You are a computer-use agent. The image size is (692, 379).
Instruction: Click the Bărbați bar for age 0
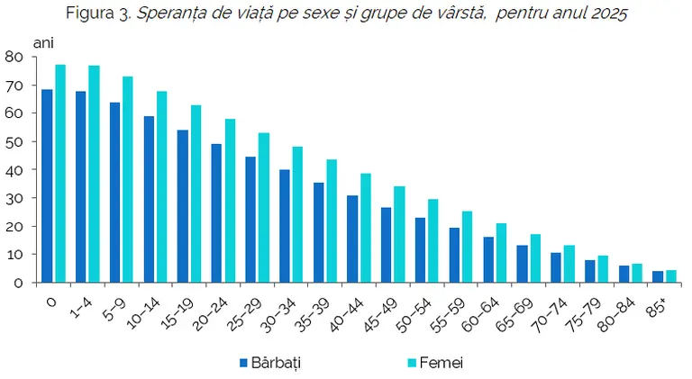47,186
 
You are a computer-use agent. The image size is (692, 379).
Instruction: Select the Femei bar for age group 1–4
94,174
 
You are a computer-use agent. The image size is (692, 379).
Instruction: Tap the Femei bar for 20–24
231,201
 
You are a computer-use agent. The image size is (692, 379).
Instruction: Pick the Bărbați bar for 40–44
352,239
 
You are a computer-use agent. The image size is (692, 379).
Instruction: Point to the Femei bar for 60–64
501,253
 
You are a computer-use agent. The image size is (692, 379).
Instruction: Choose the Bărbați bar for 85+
658,276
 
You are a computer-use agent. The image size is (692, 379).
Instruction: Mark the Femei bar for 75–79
603,269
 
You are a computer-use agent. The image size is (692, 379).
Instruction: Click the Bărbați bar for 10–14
150,199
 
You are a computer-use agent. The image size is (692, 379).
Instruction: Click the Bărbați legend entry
270,363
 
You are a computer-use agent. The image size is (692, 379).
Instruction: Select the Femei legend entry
435,363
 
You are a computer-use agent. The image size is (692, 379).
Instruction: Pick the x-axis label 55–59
448,315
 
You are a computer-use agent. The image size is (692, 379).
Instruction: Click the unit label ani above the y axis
43,42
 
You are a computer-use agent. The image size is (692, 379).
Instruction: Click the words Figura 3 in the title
98,14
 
